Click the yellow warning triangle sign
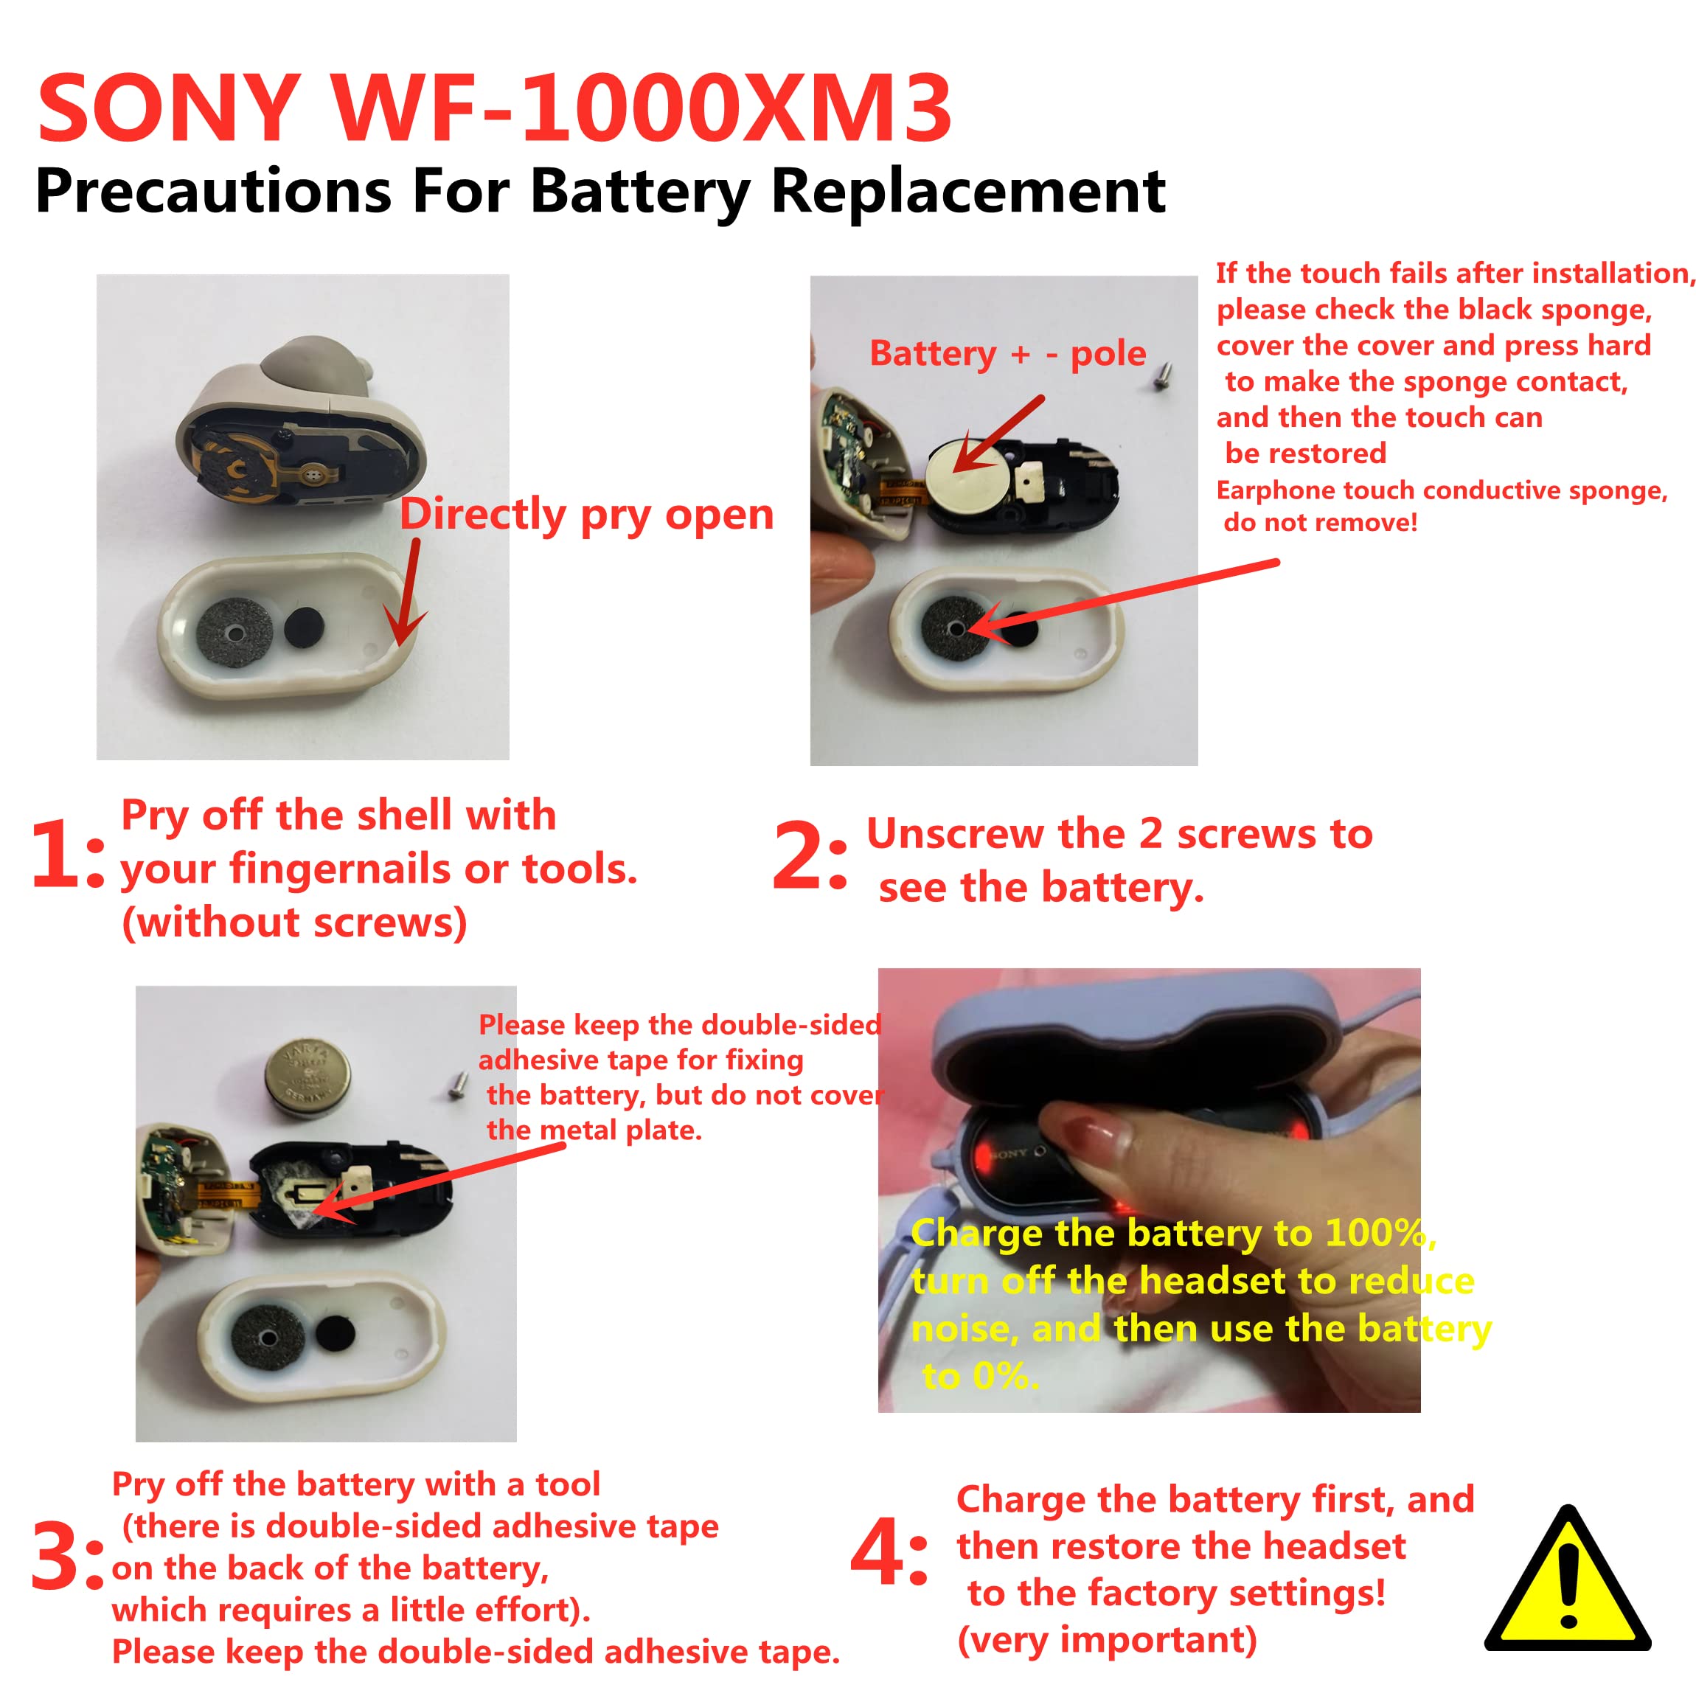1568,1580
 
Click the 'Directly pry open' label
586,515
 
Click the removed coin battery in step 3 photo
308,1078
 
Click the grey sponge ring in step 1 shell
234,632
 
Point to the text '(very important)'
1107,1640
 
